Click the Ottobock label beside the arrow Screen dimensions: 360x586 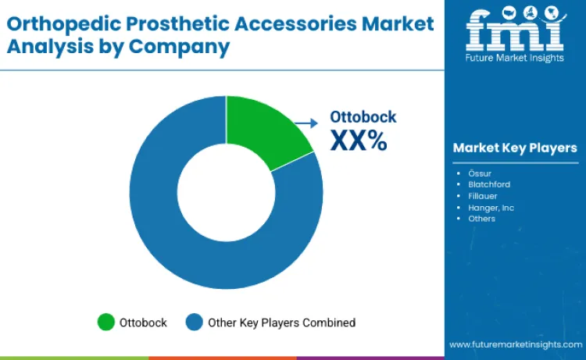click(x=363, y=117)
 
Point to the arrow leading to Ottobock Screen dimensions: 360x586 click(x=306, y=123)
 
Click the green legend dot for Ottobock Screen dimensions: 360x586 click(x=105, y=323)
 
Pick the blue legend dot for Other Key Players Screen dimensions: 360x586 click(x=195, y=323)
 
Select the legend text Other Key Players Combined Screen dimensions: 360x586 click(x=281, y=323)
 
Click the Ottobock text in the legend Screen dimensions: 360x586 click(x=143, y=323)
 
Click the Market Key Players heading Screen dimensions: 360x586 click(x=515, y=148)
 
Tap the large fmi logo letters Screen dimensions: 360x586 click(x=514, y=30)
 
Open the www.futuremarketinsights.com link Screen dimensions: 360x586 click(x=514, y=344)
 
